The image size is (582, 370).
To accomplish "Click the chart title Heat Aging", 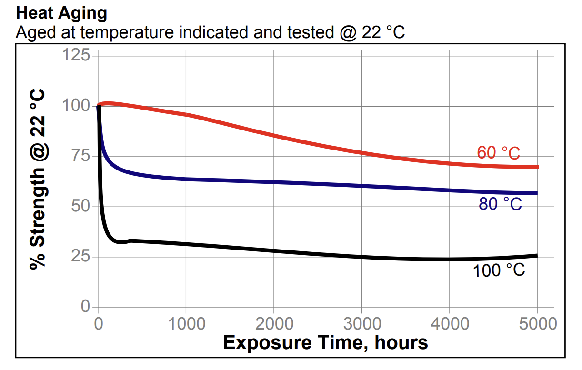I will click(x=62, y=13).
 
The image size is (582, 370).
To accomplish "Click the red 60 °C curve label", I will click(x=498, y=153).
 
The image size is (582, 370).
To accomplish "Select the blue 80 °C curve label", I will click(x=500, y=204).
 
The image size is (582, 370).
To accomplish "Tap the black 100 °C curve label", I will click(x=498, y=270).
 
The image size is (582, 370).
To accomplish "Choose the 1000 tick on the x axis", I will click(x=186, y=324).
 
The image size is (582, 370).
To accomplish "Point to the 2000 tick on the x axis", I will click(x=274, y=324).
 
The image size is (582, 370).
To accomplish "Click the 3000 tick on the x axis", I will click(x=361, y=324).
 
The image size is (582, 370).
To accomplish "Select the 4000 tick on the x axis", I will click(x=450, y=324).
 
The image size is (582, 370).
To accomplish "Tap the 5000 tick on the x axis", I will click(x=537, y=324).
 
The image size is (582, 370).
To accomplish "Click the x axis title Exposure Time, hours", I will click(x=325, y=342).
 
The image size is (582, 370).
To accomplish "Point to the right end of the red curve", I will click(x=537, y=167).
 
